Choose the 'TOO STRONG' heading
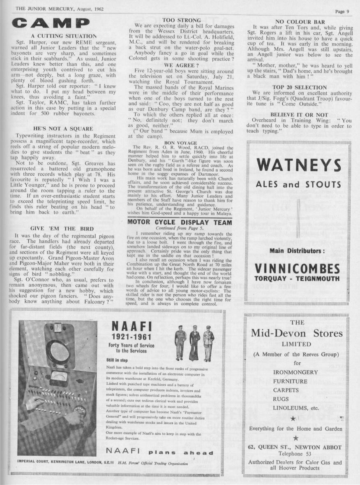(x=182, y=20)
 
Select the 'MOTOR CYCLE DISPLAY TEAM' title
(x=180, y=223)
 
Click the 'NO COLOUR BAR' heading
(x=299, y=21)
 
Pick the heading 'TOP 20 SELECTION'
(x=299, y=88)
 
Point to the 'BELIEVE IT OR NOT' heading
(x=299, y=114)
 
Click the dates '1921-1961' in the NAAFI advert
(x=127, y=339)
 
